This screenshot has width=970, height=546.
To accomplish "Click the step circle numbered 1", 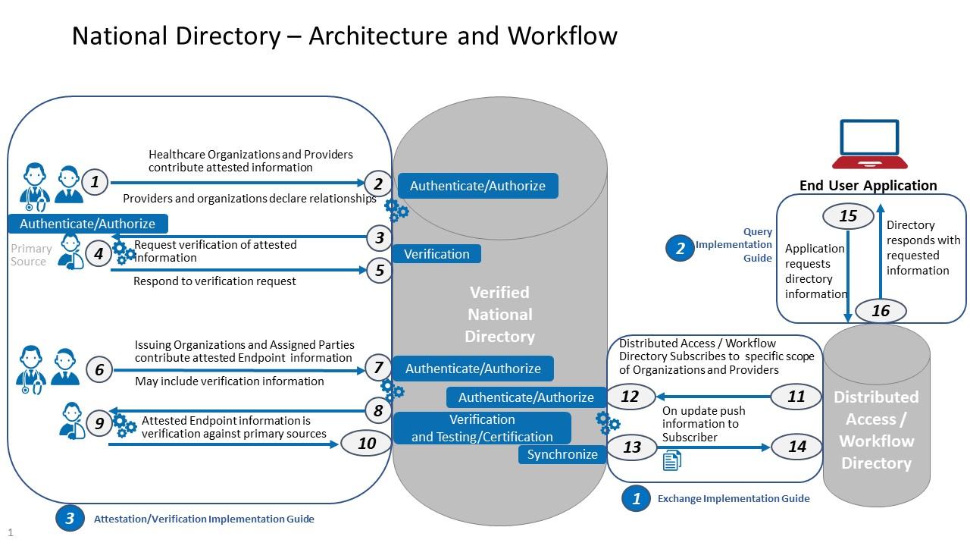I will point(95,182).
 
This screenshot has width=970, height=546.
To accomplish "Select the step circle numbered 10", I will point(367,444).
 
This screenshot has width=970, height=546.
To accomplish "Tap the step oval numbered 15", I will point(848,216).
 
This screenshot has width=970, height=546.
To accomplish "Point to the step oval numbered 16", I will point(880,311).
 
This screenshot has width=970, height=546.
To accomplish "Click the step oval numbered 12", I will point(630,397).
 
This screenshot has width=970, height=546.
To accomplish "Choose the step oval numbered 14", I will point(797,447).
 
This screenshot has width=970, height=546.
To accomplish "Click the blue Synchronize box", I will point(562,454).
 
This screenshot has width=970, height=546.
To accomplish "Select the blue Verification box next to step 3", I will point(436,254).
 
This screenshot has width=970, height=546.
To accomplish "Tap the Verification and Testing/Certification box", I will point(482,428).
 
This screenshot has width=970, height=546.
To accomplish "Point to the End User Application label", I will point(868,186).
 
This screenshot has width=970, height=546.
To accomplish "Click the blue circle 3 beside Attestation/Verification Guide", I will point(70,519).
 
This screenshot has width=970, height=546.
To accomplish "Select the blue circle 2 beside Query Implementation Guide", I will point(680,248).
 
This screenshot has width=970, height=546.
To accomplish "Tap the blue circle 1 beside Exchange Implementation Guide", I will point(636,498).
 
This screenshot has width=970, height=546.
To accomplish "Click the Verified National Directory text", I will point(499,315).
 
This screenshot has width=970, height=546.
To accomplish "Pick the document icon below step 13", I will point(671,460).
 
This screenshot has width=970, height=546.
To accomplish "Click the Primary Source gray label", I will point(31,255).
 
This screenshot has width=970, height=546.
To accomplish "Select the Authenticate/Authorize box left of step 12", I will point(526,397).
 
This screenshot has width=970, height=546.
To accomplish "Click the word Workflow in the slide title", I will point(562,36).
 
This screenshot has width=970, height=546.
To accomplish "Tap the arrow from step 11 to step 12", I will point(712,397).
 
